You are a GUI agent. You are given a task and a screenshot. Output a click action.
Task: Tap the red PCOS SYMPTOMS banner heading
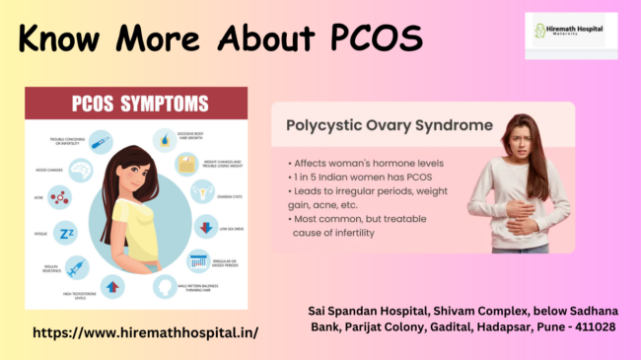coord(137,103)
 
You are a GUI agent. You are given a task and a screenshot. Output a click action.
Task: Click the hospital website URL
coord(146,332)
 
